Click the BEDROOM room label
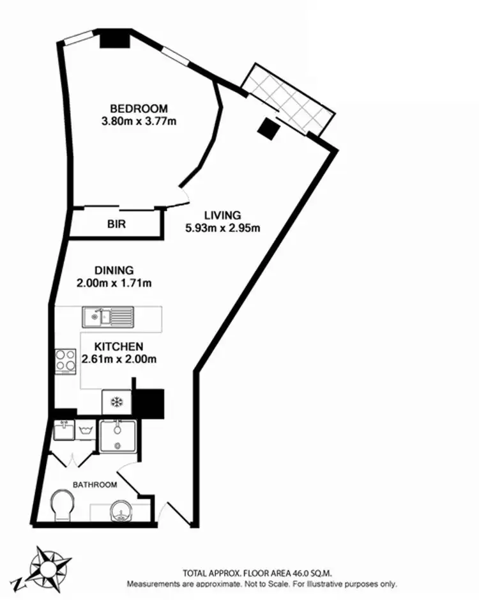click(x=139, y=108)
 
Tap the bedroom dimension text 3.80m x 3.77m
click(x=139, y=119)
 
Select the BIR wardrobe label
click(x=116, y=224)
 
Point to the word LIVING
click(x=222, y=215)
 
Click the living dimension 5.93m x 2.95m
click(x=222, y=227)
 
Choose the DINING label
click(x=114, y=270)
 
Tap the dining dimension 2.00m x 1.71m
click(x=114, y=282)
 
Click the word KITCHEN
click(x=119, y=346)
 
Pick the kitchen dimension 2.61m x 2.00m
click(x=119, y=358)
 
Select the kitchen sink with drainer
click(x=108, y=315)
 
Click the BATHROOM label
click(x=95, y=485)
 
